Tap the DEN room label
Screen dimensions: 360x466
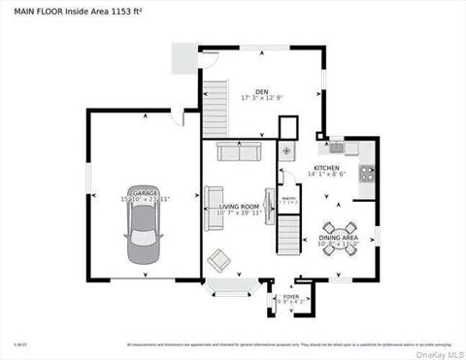coord(262,92)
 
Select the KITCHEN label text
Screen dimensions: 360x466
coord(326,167)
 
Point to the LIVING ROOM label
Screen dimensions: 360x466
coord(238,206)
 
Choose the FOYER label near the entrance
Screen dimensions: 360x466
coord(291,298)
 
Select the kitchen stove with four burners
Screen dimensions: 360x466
coord(368,175)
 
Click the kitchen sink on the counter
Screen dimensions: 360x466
coord(336,147)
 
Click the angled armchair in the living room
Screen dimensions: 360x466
coord(220,259)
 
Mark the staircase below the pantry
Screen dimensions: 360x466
coord(288,233)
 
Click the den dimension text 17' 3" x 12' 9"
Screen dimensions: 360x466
coord(262,99)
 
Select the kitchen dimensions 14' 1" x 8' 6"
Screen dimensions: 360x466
coord(326,174)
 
